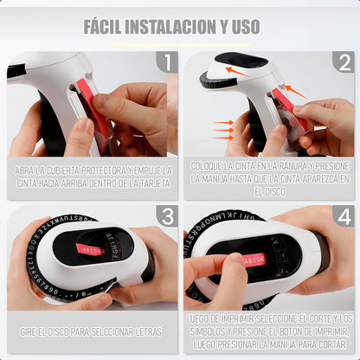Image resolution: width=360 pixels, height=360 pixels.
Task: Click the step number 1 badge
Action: (166, 62)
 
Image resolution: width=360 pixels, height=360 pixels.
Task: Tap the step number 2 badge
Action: (344, 62)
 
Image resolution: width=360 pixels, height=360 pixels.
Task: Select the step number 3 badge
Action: (166, 216)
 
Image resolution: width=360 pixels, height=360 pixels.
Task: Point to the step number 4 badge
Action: (344, 216)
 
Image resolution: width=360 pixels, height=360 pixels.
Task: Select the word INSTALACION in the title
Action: (175, 26)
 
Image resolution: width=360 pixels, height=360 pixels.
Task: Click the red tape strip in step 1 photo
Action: (96, 108)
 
